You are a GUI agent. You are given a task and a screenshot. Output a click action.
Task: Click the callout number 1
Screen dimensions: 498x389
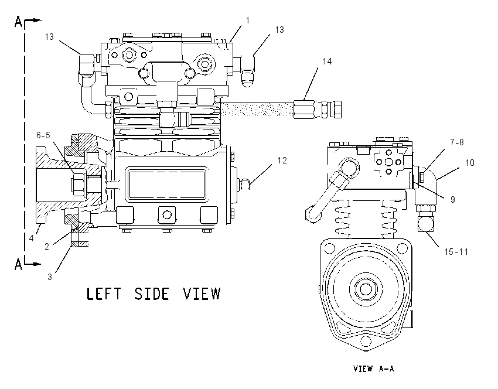(x=248, y=21)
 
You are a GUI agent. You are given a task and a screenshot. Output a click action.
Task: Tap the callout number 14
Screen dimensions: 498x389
(x=327, y=62)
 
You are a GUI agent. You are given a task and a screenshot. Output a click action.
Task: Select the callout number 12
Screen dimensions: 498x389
(x=282, y=161)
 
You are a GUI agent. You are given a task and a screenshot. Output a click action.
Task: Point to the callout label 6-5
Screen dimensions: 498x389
(x=43, y=135)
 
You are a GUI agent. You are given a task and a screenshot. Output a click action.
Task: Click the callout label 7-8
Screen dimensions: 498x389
(x=457, y=142)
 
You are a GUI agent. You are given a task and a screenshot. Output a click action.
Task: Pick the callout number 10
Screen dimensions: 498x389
(x=470, y=163)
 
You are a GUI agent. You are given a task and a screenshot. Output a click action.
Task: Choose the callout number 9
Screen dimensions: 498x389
(x=453, y=200)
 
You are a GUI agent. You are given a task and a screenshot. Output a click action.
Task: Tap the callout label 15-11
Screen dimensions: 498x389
(x=456, y=252)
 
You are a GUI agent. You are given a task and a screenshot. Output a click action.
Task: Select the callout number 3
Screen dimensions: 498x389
(x=50, y=277)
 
